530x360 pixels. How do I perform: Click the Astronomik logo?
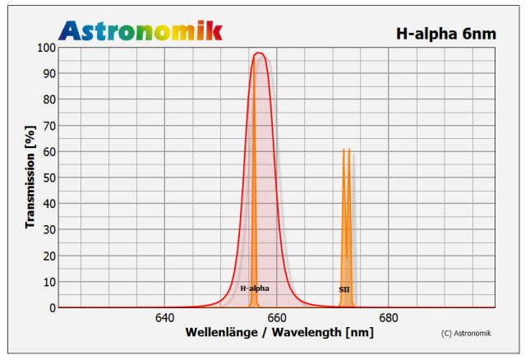click(141, 30)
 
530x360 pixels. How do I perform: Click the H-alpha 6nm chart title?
click(447, 34)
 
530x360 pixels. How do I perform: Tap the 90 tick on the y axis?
click(49, 74)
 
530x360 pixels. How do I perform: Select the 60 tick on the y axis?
click(49, 152)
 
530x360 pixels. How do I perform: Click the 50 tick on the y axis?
click(49, 178)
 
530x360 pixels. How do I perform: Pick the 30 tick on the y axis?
click(49, 230)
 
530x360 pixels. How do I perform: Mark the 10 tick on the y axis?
click(49, 282)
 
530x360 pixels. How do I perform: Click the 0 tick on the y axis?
click(52, 307)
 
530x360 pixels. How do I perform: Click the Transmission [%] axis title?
click(30, 177)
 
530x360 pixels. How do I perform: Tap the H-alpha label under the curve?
click(254, 288)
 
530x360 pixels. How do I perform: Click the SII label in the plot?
click(344, 289)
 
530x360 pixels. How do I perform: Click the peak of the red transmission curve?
click(259, 53)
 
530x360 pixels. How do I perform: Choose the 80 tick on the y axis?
click(49, 100)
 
